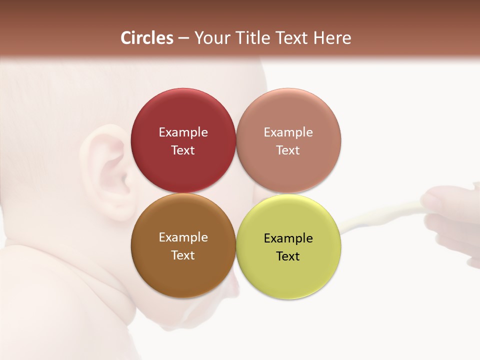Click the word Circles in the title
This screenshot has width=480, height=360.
pyautogui.click(x=147, y=38)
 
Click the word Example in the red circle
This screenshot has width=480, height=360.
pyautogui.click(x=183, y=132)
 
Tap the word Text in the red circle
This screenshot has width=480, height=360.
pyautogui.click(x=183, y=150)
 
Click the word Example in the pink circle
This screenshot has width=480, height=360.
pyautogui.click(x=288, y=132)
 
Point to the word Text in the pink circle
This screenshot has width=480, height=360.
pyautogui.click(x=288, y=150)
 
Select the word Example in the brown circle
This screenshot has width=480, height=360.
pyautogui.click(x=183, y=237)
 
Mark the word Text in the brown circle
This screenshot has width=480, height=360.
pyautogui.click(x=183, y=255)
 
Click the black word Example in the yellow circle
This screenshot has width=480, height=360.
pyautogui.click(x=288, y=238)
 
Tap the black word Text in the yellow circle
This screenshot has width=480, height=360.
pyautogui.click(x=288, y=256)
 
